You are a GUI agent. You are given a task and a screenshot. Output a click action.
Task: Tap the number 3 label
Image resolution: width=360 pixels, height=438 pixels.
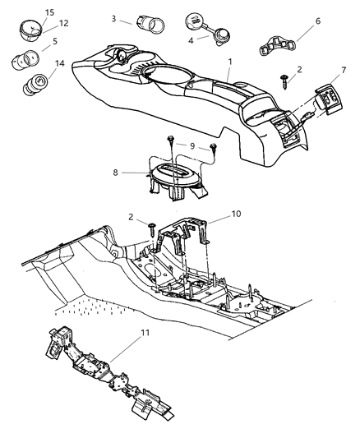114,17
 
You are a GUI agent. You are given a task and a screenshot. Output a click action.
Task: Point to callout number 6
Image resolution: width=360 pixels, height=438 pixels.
192,39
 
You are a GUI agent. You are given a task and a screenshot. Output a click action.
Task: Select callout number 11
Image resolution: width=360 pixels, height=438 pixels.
236,214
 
